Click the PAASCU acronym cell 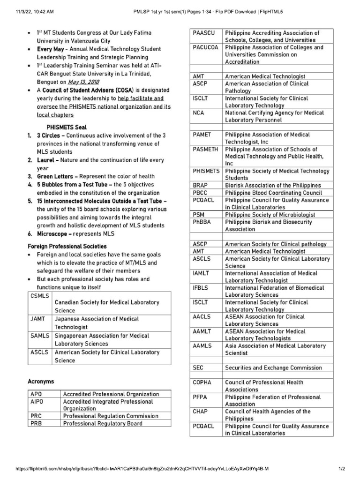(x=202, y=33)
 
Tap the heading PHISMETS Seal (x=66, y=127)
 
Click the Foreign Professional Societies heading (x=67, y=246)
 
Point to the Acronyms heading (x=41, y=382)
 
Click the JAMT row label (x=38, y=319)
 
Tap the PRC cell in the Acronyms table (x=36, y=416)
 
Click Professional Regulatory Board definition (x=103, y=424)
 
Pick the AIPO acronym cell (x=37, y=402)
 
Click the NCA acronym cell (x=198, y=113)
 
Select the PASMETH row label (x=205, y=149)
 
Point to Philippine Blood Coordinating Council (x=273, y=193)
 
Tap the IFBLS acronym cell (x=200, y=288)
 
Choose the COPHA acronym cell (x=202, y=382)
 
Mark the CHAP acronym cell (x=200, y=412)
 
